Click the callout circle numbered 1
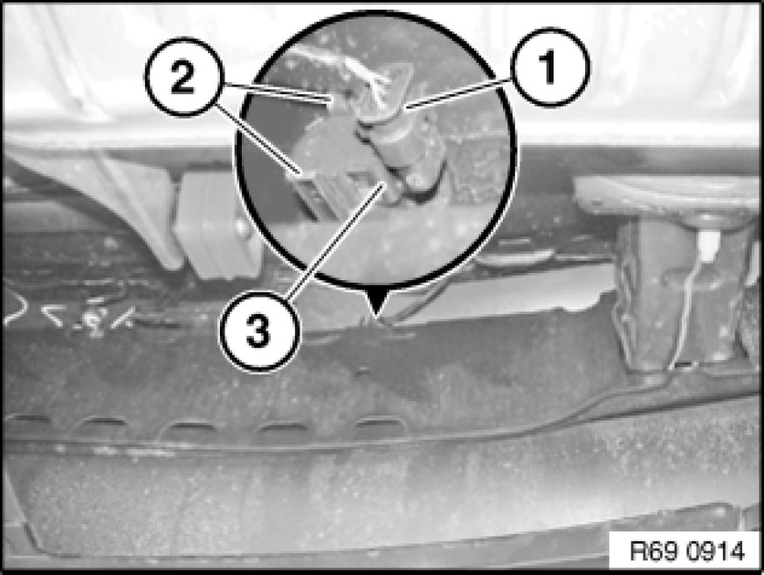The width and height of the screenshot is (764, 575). [x=549, y=68]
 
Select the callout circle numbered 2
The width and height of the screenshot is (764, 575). [x=183, y=77]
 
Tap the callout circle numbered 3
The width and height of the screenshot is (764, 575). [x=258, y=332]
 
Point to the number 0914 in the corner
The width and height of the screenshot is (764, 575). [x=716, y=552]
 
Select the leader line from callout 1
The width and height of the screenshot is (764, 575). [x=458, y=93]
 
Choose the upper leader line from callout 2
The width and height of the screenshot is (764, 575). [x=275, y=93]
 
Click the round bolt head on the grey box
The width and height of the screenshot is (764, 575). [x=240, y=227]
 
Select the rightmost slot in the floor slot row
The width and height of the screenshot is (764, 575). [x=379, y=424]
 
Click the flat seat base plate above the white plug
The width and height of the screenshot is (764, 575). [x=668, y=195]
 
